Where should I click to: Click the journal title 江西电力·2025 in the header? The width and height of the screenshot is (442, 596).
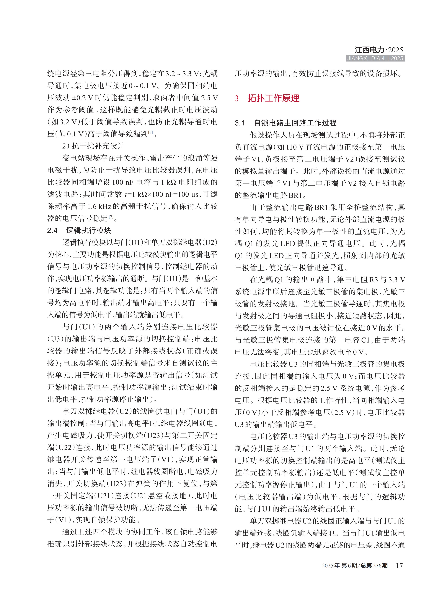(x=379, y=50)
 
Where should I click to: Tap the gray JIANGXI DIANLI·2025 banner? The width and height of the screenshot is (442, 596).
(x=375, y=58)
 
